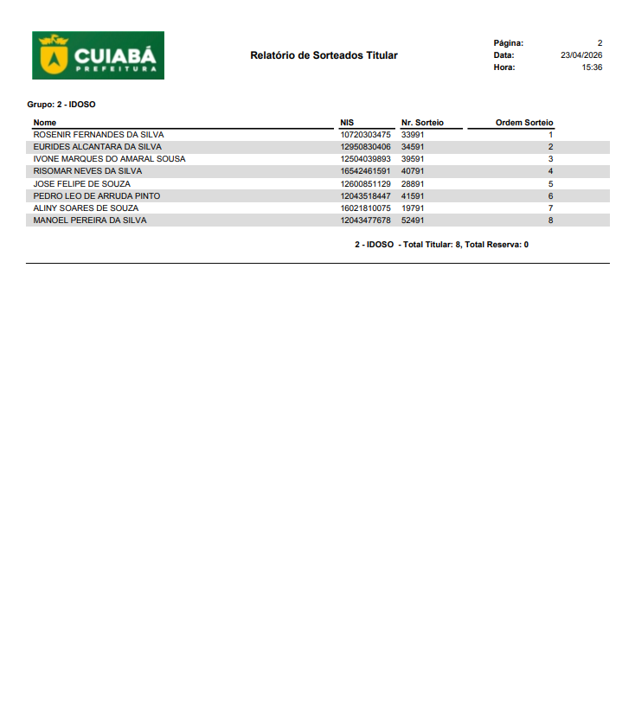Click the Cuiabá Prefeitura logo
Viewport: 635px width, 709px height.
tap(98, 55)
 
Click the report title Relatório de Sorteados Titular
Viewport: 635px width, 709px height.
tap(324, 55)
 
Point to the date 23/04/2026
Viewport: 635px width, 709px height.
tap(581, 55)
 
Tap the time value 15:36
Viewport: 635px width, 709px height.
tap(592, 67)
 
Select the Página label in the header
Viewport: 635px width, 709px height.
tap(508, 43)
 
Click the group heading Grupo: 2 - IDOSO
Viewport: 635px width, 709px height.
tap(61, 105)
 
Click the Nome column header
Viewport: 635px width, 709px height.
tap(45, 123)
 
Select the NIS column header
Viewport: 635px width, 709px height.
tap(348, 123)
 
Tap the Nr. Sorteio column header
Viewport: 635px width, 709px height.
tap(422, 123)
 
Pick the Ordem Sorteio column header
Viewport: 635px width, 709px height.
tap(524, 123)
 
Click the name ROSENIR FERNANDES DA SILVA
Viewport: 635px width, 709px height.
tap(99, 135)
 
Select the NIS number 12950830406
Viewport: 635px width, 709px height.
tap(366, 147)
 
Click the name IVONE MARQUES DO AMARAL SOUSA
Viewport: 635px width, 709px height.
tap(109, 159)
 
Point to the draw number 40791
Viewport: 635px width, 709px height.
tap(413, 171)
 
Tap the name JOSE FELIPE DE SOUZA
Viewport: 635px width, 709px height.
tap(82, 184)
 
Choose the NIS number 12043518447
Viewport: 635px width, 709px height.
tap(366, 196)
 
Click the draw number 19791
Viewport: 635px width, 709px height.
tap(413, 208)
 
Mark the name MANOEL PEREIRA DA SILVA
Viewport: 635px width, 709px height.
tap(90, 220)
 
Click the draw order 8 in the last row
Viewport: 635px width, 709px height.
tap(550, 220)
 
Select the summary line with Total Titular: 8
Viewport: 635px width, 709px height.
tap(441, 245)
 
